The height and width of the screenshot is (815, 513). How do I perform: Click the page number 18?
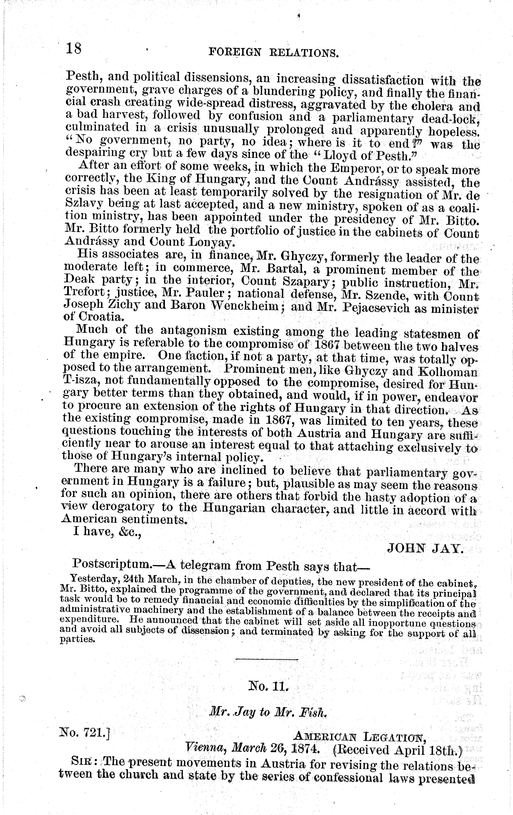(x=74, y=48)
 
